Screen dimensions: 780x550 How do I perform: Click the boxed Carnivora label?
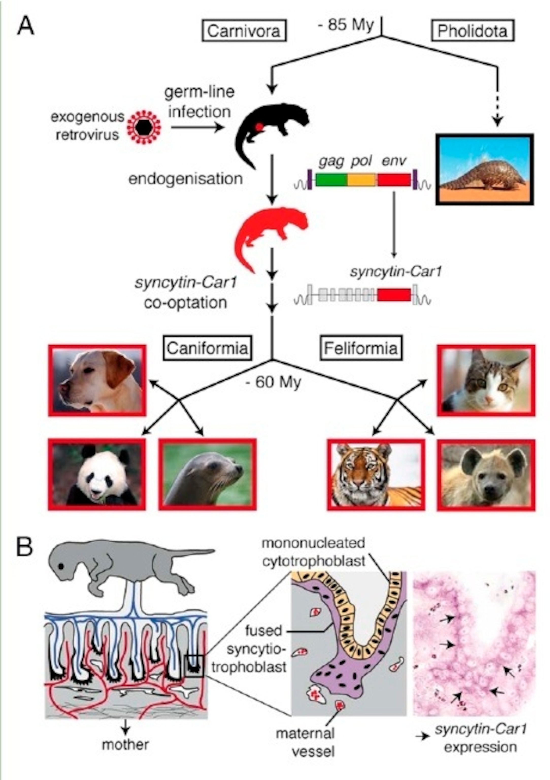[x=244, y=31]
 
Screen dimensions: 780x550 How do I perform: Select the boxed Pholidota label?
[x=472, y=31]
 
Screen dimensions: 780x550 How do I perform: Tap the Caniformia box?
[x=207, y=348]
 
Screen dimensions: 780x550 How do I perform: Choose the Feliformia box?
[x=361, y=348]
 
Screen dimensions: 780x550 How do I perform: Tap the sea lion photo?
[x=207, y=474]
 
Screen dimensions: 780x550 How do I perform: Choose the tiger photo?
[x=376, y=475]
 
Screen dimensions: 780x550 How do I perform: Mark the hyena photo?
[x=486, y=475]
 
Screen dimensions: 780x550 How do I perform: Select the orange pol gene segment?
[x=362, y=180]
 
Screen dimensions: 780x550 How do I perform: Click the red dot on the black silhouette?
[x=259, y=127]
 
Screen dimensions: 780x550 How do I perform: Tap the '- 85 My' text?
[x=346, y=25]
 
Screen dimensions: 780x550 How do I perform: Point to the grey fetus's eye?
[x=61, y=566]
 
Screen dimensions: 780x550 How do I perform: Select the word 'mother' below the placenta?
[x=126, y=745]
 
